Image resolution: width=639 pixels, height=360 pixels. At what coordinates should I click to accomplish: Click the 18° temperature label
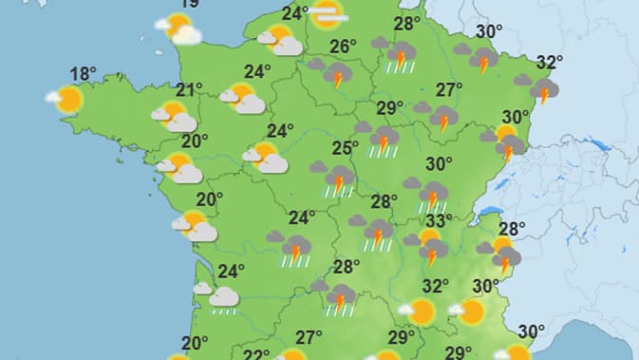tap(84, 74)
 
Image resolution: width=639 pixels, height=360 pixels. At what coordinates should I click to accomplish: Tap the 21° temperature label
tap(189, 90)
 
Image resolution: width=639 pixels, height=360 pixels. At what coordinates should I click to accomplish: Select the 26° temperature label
tap(343, 46)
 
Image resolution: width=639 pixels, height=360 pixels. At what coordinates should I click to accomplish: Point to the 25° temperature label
tap(345, 148)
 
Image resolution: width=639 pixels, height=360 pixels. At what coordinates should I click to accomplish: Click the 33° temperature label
tap(438, 221)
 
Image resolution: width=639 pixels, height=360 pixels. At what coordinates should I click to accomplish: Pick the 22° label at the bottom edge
tap(254, 354)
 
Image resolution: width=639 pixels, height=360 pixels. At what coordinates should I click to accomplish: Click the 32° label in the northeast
tap(549, 63)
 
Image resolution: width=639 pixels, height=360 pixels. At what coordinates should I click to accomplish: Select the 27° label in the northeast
tap(449, 90)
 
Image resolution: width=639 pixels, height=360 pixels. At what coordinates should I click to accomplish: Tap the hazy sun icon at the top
tap(328, 14)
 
